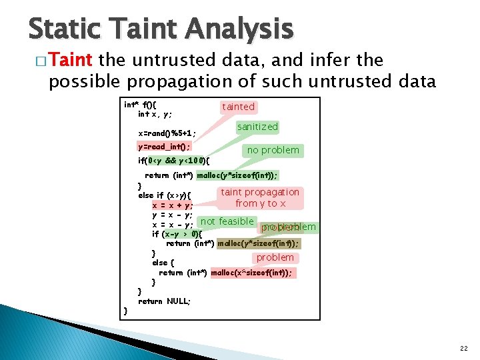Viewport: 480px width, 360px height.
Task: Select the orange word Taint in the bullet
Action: [71, 60]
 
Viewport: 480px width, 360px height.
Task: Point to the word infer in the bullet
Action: [333, 60]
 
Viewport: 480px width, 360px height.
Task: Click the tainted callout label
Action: [238, 107]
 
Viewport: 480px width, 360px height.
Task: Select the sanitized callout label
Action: [257, 127]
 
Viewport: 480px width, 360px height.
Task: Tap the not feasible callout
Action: [227, 221]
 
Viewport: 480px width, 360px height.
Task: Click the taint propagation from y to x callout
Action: [260, 197]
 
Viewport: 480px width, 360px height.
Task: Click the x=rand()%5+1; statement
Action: [167, 133]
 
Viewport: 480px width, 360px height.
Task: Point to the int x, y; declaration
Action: [155, 114]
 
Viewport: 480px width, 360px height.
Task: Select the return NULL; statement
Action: [164, 301]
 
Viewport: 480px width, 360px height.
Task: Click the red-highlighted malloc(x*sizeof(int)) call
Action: [251, 273]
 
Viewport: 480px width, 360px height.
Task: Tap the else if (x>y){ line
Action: [165, 195]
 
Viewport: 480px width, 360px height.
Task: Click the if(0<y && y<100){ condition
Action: [174, 161]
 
